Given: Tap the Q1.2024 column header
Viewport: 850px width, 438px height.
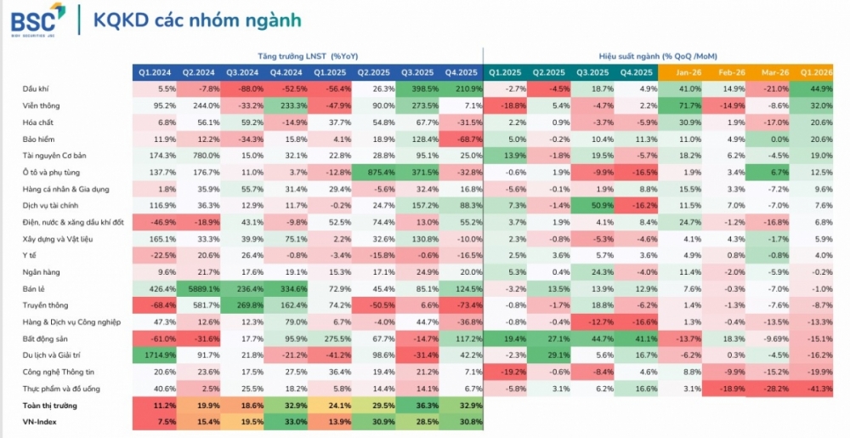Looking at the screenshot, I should pos(154,72).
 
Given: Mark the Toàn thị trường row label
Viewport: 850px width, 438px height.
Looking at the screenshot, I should pos(49,406).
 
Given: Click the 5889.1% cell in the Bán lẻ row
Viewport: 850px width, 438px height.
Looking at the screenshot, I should pos(198,288).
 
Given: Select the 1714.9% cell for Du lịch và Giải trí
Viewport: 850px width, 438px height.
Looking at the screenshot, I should pos(155,355).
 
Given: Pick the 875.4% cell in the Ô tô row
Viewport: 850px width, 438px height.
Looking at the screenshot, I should pos(374,172).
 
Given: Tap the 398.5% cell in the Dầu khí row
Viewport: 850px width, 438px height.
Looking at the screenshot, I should pos(418,88).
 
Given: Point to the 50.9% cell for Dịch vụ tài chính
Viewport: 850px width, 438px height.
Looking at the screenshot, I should pos(594,205).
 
